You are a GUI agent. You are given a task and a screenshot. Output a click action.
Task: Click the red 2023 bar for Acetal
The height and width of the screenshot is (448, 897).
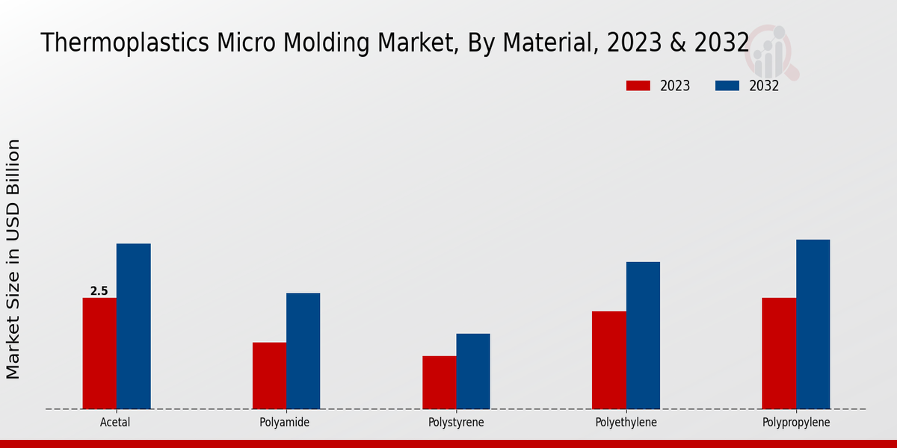point(99,353)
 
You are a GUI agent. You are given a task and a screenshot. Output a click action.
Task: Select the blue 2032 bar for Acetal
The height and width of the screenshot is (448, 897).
point(133,326)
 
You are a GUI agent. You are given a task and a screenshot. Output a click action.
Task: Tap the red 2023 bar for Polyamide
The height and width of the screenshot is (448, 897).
point(269,376)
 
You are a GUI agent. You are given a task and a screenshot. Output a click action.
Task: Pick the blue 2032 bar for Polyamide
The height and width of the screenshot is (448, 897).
point(303,351)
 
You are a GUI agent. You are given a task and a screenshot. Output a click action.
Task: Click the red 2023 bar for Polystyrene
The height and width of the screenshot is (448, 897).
point(439,382)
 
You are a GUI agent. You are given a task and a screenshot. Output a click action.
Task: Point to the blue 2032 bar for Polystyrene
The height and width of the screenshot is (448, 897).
point(473,371)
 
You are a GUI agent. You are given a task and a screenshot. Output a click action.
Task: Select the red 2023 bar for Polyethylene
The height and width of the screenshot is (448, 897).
point(608,360)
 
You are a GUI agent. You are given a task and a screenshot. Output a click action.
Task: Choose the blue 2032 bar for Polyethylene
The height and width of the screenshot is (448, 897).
point(643,335)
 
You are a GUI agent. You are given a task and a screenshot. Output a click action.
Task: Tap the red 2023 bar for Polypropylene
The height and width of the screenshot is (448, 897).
point(779,353)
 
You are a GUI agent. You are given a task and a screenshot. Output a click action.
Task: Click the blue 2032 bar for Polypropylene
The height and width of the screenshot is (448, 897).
point(813,324)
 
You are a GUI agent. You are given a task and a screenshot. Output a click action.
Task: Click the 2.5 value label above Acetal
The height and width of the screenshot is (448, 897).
point(99,291)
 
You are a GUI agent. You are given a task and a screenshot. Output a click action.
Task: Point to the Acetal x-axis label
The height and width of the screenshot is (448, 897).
point(115,423)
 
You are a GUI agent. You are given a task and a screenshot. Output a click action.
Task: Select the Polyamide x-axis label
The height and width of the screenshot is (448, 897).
point(285,423)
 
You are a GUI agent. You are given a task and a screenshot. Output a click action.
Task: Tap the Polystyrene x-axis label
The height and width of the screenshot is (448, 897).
point(456,423)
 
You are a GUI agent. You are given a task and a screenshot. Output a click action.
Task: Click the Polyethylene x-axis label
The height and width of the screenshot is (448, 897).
point(626,423)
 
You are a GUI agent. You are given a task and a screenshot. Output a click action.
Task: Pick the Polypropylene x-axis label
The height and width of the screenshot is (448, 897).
point(796,423)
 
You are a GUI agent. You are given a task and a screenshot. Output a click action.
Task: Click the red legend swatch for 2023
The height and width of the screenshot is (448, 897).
point(638,86)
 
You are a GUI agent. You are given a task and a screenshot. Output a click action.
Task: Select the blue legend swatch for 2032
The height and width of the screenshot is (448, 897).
point(727,86)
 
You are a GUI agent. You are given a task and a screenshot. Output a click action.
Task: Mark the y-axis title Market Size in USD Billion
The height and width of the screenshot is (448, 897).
point(13,259)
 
